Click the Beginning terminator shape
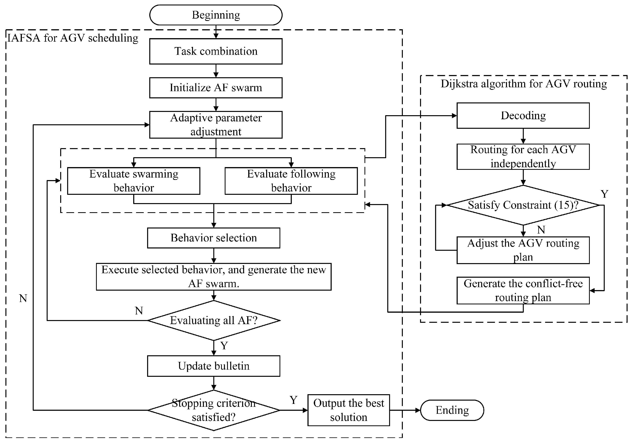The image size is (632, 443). [x=216, y=15]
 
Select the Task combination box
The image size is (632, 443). [x=216, y=51]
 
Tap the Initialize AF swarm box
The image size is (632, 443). [x=216, y=88]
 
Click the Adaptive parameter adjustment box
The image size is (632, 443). [x=216, y=125]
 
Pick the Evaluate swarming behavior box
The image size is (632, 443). [x=134, y=181]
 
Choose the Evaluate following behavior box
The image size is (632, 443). [x=291, y=181]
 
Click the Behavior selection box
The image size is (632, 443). [x=214, y=238]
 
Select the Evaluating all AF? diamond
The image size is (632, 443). [x=214, y=320]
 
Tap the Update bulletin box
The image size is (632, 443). [x=214, y=366]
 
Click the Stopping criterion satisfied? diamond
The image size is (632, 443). [x=214, y=410]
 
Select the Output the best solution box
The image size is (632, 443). [x=348, y=410]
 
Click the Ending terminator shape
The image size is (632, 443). [x=452, y=410]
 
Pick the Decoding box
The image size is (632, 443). [x=523, y=116]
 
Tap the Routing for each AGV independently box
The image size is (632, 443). [x=523, y=156]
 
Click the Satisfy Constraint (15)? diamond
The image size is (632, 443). [x=523, y=205]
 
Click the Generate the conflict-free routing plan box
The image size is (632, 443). [x=523, y=290]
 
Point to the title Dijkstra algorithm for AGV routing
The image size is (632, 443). [x=524, y=84]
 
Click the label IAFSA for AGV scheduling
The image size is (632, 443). [x=73, y=38]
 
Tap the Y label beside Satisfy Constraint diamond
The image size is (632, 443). [x=604, y=194]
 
